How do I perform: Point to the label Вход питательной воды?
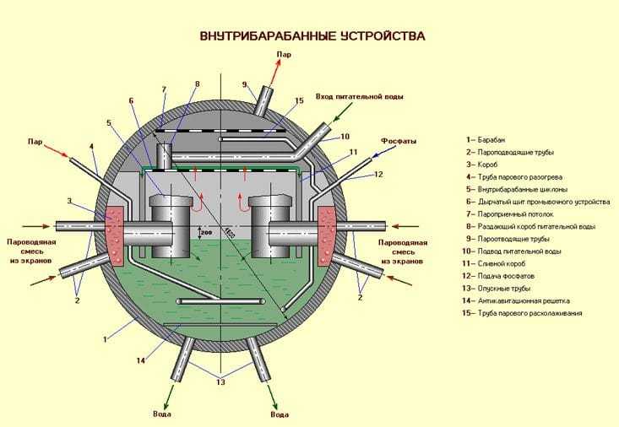359,97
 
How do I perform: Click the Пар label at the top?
284,55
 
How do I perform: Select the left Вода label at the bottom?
165,414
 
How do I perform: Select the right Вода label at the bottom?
280,414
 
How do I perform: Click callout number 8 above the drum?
197,84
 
